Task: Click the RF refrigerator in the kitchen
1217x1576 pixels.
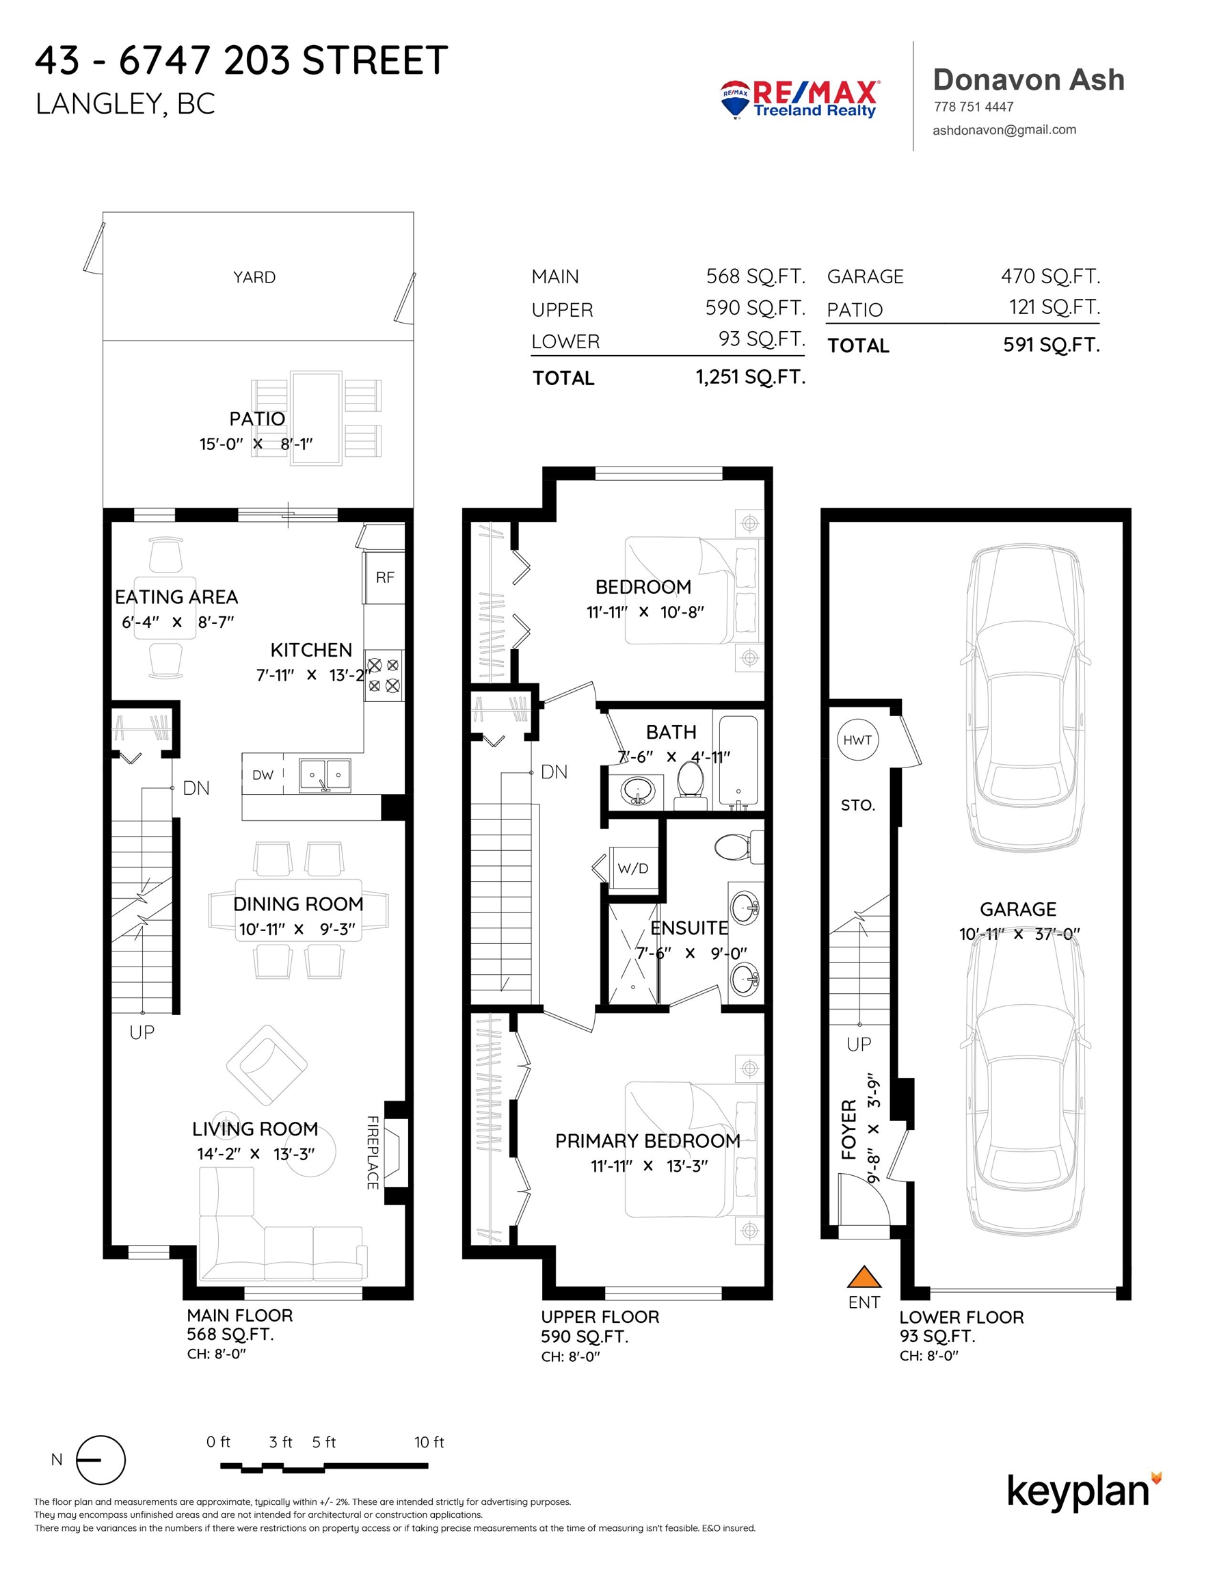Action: [384, 577]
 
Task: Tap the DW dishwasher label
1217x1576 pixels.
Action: [263, 775]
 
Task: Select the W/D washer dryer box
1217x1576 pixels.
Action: [633, 868]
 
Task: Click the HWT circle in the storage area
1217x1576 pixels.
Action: [858, 739]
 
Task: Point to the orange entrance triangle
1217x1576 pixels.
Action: [864, 1276]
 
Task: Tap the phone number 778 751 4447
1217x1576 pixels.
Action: [973, 107]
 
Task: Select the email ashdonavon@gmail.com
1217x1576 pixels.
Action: [1004, 130]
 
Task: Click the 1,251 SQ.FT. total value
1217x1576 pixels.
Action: [750, 377]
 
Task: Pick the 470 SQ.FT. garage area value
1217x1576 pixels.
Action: [1049, 276]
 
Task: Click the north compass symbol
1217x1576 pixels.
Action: [101, 1460]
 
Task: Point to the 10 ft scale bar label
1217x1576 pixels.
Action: [429, 1442]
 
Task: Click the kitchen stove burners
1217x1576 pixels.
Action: [384, 674]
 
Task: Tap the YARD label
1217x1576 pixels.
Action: [254, 277]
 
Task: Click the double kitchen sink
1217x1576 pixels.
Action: [325, 775]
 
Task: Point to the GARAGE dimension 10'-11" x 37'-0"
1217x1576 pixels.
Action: [1019, 934]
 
